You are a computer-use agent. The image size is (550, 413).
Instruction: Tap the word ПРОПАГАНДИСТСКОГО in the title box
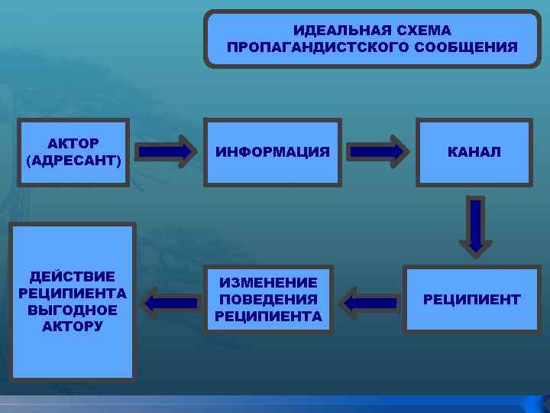[318, 47]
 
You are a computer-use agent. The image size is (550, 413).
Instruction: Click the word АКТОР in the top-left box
[73, 144]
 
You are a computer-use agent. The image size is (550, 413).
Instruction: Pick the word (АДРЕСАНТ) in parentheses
[73, 160]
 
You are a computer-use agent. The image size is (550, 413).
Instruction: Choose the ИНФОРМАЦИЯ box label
[273, 152]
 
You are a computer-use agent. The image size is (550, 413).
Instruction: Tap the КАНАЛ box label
[474, 152]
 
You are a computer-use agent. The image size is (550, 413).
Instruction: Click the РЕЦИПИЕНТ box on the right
[472, 299]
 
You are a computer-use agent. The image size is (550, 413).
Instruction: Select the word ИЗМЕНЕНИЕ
[268, 283]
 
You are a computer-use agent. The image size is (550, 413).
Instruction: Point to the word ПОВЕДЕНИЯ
[268, 299]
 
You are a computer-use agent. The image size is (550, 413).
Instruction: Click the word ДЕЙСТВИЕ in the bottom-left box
[73, 277]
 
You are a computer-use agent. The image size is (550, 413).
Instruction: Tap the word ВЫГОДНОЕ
[73, 310]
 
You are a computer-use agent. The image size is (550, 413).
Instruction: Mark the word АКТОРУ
[73, 327]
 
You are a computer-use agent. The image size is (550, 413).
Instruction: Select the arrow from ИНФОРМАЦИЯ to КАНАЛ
[378, 151]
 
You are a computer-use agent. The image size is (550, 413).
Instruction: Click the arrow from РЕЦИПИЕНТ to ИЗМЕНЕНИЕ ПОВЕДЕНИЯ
[370, 303]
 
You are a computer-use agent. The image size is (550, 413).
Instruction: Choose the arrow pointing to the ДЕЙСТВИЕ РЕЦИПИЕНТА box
[170, 302]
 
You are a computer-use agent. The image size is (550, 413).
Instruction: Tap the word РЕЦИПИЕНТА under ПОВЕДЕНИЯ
[268, 316]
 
